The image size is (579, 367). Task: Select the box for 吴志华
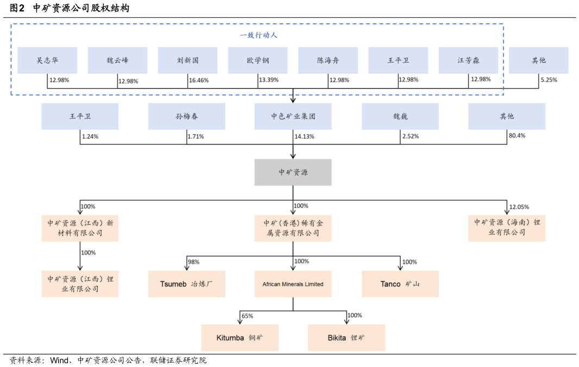click(47, 60)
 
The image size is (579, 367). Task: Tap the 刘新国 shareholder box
click(187, 60)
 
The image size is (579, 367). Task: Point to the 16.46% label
click(199, 80)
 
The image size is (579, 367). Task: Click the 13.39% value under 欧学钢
click(268, 80)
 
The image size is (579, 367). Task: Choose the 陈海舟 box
click(328, 60)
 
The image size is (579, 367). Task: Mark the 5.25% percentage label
click(549, 79)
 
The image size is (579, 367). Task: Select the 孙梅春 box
click(186, 116)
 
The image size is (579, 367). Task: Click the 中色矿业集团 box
click(293, 116)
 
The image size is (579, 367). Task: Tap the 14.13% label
click(304, 136)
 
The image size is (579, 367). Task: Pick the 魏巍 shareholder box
click(400, 116)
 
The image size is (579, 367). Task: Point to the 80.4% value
click(517, 135)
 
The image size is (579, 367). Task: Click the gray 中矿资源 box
click(293, 172)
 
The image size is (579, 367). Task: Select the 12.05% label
click(519, 207)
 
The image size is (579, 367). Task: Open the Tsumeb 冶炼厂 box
click(186, 284)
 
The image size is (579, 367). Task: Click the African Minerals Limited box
click(293, 284)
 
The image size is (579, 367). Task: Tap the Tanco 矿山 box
click(400, 284)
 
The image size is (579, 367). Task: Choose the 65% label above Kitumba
click(247, 316)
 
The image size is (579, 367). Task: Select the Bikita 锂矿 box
click(346, 338)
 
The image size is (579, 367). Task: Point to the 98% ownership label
click(193, 262)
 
